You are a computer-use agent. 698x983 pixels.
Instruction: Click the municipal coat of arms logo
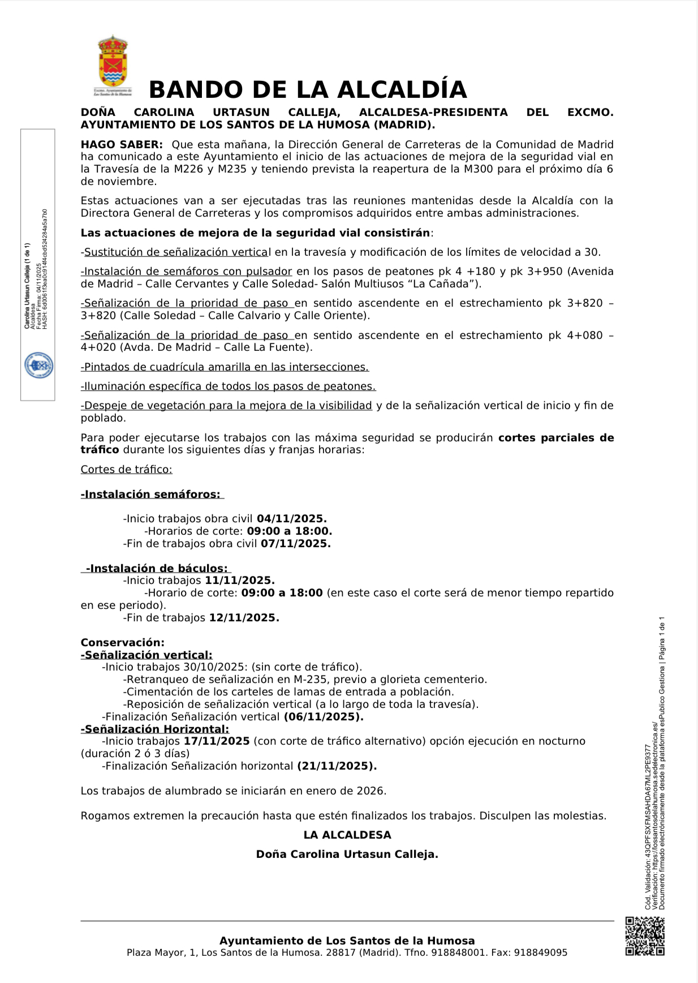[113, 63]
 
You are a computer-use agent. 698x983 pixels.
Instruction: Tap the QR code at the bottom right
[644, 936]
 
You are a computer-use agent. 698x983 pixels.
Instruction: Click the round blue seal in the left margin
[38, 366]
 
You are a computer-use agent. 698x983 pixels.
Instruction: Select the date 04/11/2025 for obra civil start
[291, 519]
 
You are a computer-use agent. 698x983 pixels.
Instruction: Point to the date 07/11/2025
[295, 544]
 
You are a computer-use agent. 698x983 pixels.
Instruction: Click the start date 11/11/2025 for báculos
[239, 581]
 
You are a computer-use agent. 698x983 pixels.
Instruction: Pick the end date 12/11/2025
[244, 618]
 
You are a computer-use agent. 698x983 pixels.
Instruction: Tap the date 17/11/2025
[217, 741]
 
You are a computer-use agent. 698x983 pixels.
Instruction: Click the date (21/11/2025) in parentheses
[337, 766]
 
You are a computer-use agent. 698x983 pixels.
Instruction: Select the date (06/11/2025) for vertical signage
[323, 717]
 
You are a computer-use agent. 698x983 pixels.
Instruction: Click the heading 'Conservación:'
[122, 643]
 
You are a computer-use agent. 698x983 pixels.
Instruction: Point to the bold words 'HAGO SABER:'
[122, 145]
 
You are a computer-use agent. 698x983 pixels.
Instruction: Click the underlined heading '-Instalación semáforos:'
[151, 495]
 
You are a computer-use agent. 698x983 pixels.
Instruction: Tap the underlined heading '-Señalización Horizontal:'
[155, 729]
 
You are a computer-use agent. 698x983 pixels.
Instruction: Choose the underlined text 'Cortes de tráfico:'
[126, 470]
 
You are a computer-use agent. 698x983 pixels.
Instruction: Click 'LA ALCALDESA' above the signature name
[347, 835]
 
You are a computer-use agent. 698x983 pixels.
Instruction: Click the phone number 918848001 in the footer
[459, 953]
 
